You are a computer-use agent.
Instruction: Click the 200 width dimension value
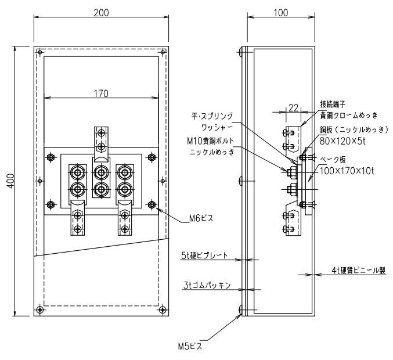pyautogui.click(x=101, y=13)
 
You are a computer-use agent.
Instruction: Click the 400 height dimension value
pyautogui.click(x=11, y=181)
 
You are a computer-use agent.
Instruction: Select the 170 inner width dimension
pyautogui.click(x=101, y=93)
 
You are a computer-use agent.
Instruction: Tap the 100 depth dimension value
pyautogui.click(x=281, y=13)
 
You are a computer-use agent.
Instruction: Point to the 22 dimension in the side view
pyautogui.click(x=293, y=108)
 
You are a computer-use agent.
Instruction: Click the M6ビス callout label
pyautogui.click(x=201, y=218)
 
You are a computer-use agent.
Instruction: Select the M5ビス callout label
pyautogui.click(x=190, y=347)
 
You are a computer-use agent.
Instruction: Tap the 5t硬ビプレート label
pyautogui.click(x=204, y=255)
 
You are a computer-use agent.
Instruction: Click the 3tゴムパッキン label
pyautogui.click(x=207, y=285)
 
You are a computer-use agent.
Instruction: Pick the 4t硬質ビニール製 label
pyautogui.click(x=359, y=270)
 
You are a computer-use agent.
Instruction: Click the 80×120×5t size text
pyautogui.click(x=342, y=141)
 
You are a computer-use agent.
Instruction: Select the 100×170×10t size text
pyautogui.click(x=347, y=171)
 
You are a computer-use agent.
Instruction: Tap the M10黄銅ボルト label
pyautogui.click(x=210, y=141)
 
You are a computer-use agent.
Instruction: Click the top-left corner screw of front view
pyautogui.click(x=39, y=52)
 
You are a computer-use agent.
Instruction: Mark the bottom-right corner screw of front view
pyautogui.click(x=163, y=309)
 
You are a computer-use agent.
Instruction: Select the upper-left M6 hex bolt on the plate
pyautogui.click(x=51, y=157)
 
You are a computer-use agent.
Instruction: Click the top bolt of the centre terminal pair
pyautogui.click(x=101, y=172)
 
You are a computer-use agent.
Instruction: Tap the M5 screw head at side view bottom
pyautogui.click(x=240, y=310)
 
